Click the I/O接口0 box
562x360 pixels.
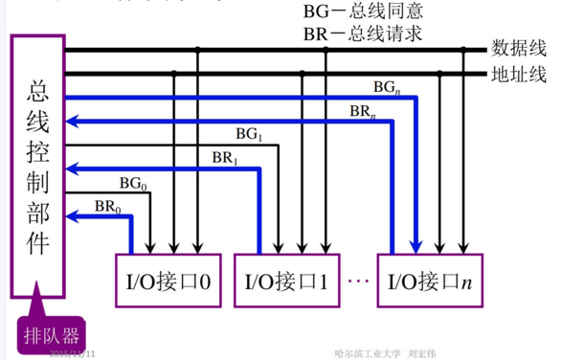pos(168,281)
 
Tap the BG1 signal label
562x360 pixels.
pos(248,133)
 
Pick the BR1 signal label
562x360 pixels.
pos(222,158)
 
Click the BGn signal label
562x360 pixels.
pos(386,87)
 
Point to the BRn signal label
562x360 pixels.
pos(361,110)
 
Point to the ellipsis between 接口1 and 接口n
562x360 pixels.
pos(358,282)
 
